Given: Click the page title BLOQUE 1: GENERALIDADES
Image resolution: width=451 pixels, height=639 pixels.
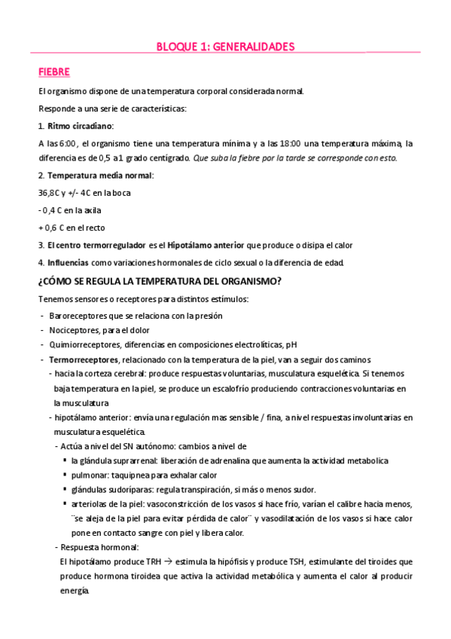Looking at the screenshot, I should click(x=225, y=47).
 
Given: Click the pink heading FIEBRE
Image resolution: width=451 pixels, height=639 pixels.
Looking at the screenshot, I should click(x=53, y=72).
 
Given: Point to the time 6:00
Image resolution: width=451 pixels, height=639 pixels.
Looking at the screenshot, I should click(x=68, y=142).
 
